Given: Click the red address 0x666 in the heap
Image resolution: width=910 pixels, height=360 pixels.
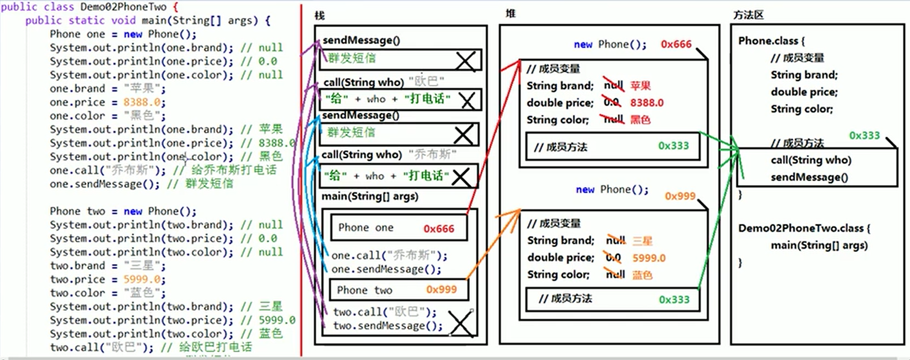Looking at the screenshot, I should tap(676, 45).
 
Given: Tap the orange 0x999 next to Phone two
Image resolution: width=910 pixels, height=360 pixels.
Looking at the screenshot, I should tap(441, 290).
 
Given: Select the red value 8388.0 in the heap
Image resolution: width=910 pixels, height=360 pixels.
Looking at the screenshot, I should tap(646, 103).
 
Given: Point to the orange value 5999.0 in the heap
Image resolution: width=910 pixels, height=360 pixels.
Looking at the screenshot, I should tap(649, 258).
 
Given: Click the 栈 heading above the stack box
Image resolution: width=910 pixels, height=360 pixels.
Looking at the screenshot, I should tap(319, 16).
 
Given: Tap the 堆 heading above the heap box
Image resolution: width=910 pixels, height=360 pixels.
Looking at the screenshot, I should tap(510, 14).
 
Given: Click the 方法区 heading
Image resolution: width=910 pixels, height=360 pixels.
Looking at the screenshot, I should tap(748, 15).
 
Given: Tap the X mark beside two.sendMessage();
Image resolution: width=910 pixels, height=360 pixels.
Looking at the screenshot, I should tap(460, 323).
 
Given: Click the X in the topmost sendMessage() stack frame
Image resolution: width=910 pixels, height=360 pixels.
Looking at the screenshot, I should tap(466, 61).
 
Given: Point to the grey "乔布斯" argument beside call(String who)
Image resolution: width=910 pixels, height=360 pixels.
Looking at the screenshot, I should tap(432, 155).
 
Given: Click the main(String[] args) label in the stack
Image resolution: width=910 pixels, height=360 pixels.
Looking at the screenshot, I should tap(370, 196).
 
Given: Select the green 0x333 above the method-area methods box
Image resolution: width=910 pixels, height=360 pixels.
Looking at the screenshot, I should tap(864, 136).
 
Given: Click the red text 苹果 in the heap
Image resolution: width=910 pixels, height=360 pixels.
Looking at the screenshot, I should tap(640, 86).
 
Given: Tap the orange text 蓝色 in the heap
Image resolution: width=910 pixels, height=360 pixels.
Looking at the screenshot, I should tap(642, 275).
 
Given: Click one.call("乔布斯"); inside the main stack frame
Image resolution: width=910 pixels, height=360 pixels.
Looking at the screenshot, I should tap(389, 255).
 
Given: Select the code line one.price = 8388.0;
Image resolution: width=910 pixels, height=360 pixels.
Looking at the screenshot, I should tap(107, 102).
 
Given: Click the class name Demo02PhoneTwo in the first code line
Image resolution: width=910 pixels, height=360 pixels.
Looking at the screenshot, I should tap(123, 7).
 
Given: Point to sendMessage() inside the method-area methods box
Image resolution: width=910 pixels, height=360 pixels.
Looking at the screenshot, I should tap(809, 177).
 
